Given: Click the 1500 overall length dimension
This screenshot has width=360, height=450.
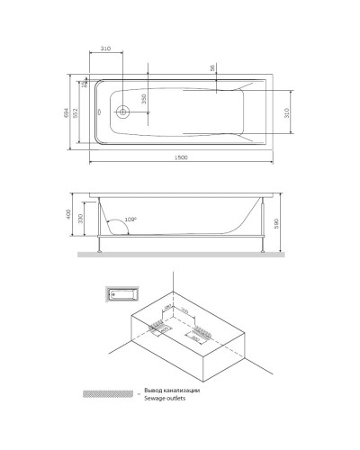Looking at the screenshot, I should point(180,158).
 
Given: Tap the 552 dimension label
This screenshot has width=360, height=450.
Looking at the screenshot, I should point(79,111).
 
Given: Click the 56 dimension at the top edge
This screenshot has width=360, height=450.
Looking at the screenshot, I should point(212,68).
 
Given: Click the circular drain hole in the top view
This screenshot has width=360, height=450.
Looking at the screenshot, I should point(124,113).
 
